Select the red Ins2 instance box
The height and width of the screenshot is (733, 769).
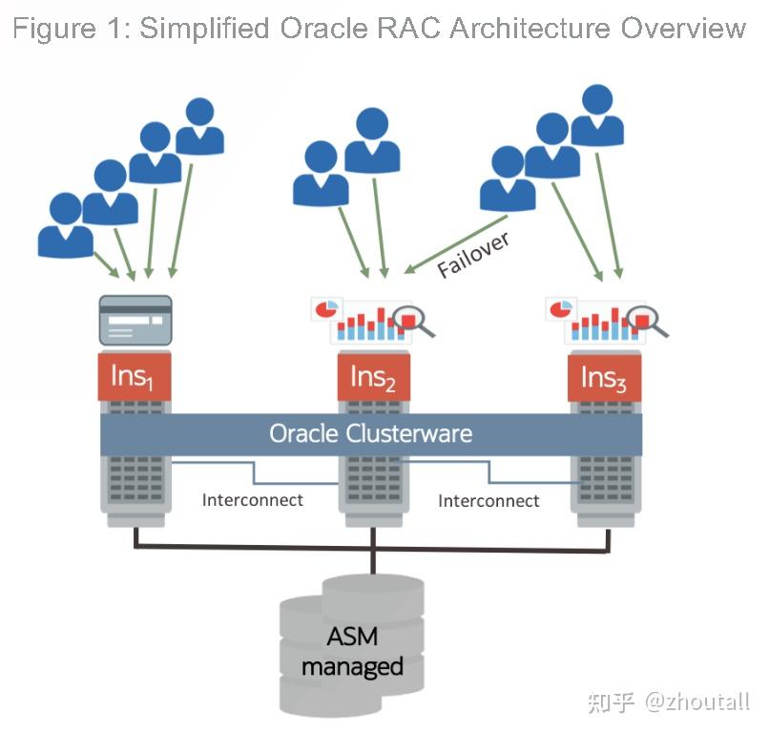pyautogui.click(x=373, y=376)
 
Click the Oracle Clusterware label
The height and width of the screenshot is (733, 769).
pyautogui.click(x=370, y=433)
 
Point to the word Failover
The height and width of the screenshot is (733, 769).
pyautogui.click(x=473, y=254)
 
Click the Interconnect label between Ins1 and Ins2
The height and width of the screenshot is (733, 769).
pyautogui.click(x=252, y=499)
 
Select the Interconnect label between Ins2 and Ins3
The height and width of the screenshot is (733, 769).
pyautogui.click(x=488, y=500)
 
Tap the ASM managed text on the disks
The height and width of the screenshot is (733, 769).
pyautogui.click(x=352, y=651)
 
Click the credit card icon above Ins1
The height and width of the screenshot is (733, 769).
pyautogui.click(x=135, y=320)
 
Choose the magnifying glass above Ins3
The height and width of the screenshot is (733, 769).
pyautogui.click(x=648, y=320)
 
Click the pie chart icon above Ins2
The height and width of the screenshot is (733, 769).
pyautogui.click(x=325, y=309)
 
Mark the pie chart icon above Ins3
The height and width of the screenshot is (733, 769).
pyautogui.click(x=560, y=308)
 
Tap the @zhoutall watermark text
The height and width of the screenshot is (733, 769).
pyautogui.click(x=696, y=703)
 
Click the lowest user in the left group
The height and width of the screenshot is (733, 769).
pyautogui.click(x=65, y=225)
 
